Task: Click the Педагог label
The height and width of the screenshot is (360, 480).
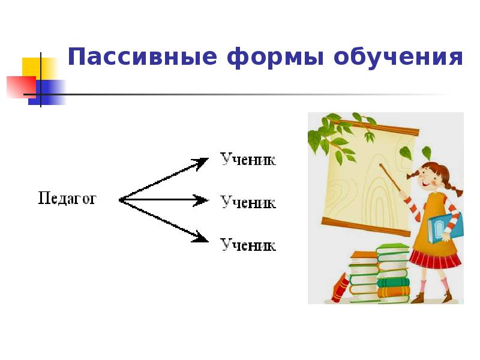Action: (x=67, y=199)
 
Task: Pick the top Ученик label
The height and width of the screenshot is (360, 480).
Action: (x=248, y=160)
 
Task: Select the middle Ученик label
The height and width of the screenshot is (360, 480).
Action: (x=248, y=202)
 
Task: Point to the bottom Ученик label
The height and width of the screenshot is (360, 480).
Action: (x=248, y=245)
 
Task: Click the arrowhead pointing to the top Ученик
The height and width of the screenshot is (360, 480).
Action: (x=202, y=162)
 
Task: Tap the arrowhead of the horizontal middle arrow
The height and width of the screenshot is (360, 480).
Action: (x=202, y=200)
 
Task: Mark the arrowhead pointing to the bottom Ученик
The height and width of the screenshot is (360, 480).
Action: (x=202, y=238)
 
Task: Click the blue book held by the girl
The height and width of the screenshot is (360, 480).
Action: (x=444, y=229)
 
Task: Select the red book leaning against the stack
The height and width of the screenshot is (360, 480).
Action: (x=340, y=287)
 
